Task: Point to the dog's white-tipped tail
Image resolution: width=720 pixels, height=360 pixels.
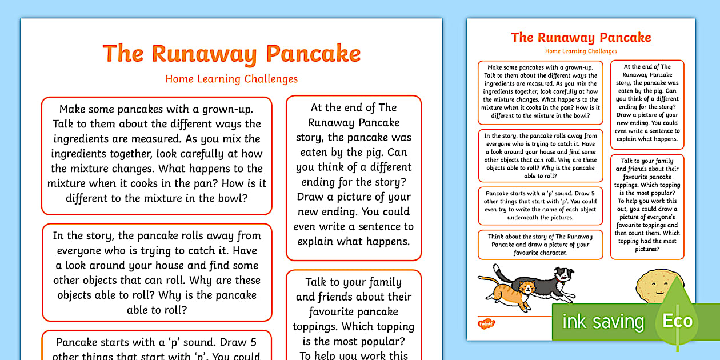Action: click(497, 268)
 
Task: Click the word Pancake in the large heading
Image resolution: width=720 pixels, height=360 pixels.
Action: click(314, 54)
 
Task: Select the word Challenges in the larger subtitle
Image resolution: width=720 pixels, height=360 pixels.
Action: click(271, 79)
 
